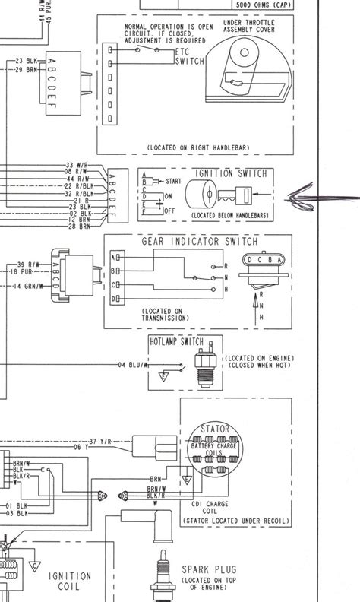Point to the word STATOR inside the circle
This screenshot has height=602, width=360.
[x=213, y=429]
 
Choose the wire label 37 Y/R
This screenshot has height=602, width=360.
[x=99, y=441]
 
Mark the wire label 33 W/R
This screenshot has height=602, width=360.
[x=77, y=165]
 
